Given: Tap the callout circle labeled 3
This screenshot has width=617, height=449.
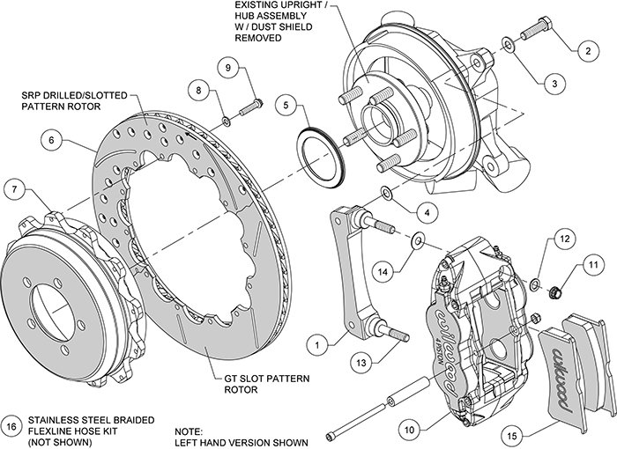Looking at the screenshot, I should point(554,84).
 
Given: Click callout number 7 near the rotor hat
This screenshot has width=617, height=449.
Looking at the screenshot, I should point(13,187).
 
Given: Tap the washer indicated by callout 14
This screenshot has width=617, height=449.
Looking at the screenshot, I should point(417,239).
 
